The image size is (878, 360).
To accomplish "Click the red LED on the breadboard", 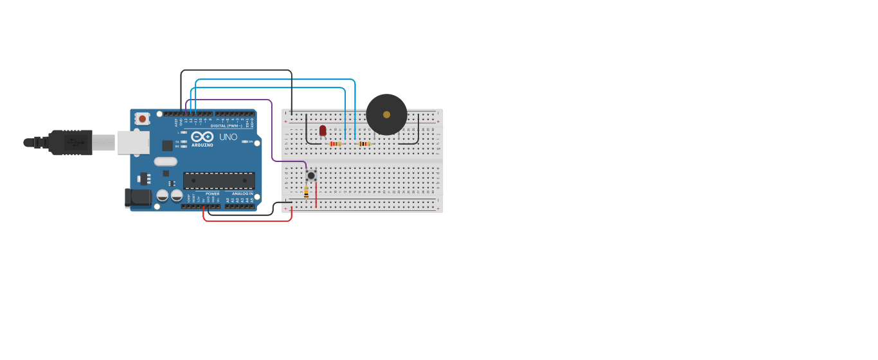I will (323, 130).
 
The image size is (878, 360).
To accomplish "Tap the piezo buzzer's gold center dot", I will (386, 114).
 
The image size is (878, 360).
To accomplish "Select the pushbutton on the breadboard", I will (311, 175).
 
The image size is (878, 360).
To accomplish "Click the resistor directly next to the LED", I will (335, 144).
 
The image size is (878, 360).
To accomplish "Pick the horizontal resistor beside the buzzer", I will (364, 144).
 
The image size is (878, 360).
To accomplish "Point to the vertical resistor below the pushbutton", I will (306, 192).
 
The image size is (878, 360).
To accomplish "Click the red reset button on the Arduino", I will (142, 119).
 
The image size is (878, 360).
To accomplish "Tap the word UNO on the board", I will (228, 137).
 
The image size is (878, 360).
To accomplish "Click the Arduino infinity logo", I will (202, 136).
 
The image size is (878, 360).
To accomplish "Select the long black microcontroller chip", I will (219, 181).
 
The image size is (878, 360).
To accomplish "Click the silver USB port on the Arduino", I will (133, 143).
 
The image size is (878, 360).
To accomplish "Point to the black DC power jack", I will (138, 198).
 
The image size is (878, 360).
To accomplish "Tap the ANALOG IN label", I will (242, 194).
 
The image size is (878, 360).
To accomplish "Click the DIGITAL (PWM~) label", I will (227, 125).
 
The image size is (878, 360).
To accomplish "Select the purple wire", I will (272, 129).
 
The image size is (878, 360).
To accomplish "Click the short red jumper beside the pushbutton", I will (316, 195).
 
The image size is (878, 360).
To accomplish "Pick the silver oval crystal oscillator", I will (165, 161).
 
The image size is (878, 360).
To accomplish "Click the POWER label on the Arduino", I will (212, 194).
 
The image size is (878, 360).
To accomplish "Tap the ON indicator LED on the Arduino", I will (244, 141).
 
